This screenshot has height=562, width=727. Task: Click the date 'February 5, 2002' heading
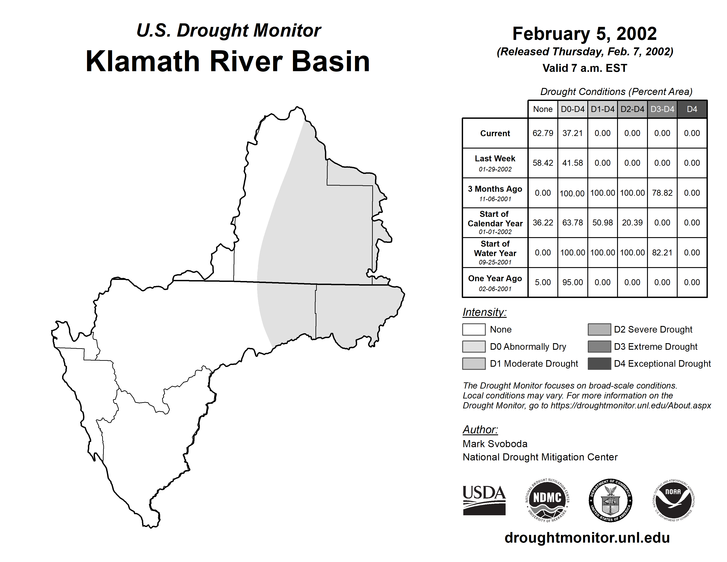pyautogui.click(x=584, y=34)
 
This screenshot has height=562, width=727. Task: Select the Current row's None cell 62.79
pyautogui.click(x=543, y=133)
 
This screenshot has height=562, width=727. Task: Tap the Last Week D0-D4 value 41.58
pyautogui.click(x=573, y=163)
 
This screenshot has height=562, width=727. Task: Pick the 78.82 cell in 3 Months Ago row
pyautogui.click(x=662, y=193)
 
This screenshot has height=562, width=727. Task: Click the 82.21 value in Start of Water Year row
pyautogui.click(x=662, y=252)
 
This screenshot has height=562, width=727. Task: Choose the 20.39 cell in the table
pyautogui.click(x=632, y=222)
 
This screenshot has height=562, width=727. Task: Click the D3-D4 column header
pyautogui.click(x=662, y=109)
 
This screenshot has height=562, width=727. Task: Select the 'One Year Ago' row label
pyautogui.click(x=495, y=278)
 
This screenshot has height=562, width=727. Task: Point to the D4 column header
pyautogui.click(x=692, y=109)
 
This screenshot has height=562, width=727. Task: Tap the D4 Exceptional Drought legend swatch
pyautogui.click(x=599, y=364)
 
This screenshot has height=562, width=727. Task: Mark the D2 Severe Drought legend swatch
pyautogui.click(x=599, y=329)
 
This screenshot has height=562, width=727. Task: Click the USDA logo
pyautogui.click(x=484, y=500)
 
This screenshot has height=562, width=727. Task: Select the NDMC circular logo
pyautogui.click(x=547, y=501)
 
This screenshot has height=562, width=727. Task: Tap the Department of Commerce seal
pyautogui.click(x=610, y=501)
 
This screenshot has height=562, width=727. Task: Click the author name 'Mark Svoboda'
pyautogui.click(x=495, y=444)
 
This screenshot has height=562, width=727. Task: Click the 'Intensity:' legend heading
pyautogui.click(x=484, y=312)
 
